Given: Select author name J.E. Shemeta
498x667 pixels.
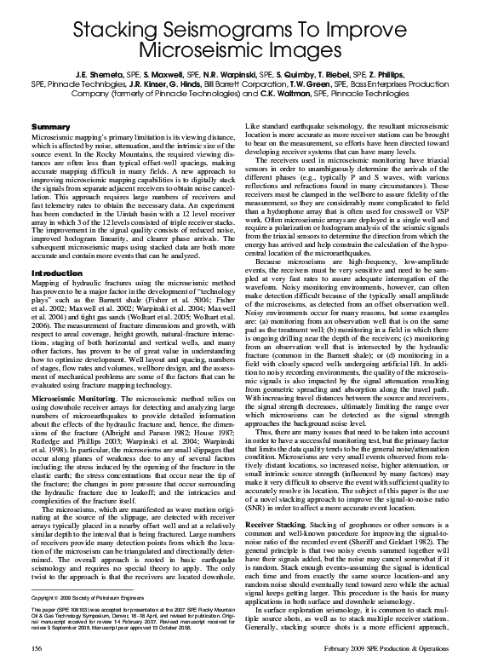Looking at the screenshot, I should [x=101, y=76].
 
